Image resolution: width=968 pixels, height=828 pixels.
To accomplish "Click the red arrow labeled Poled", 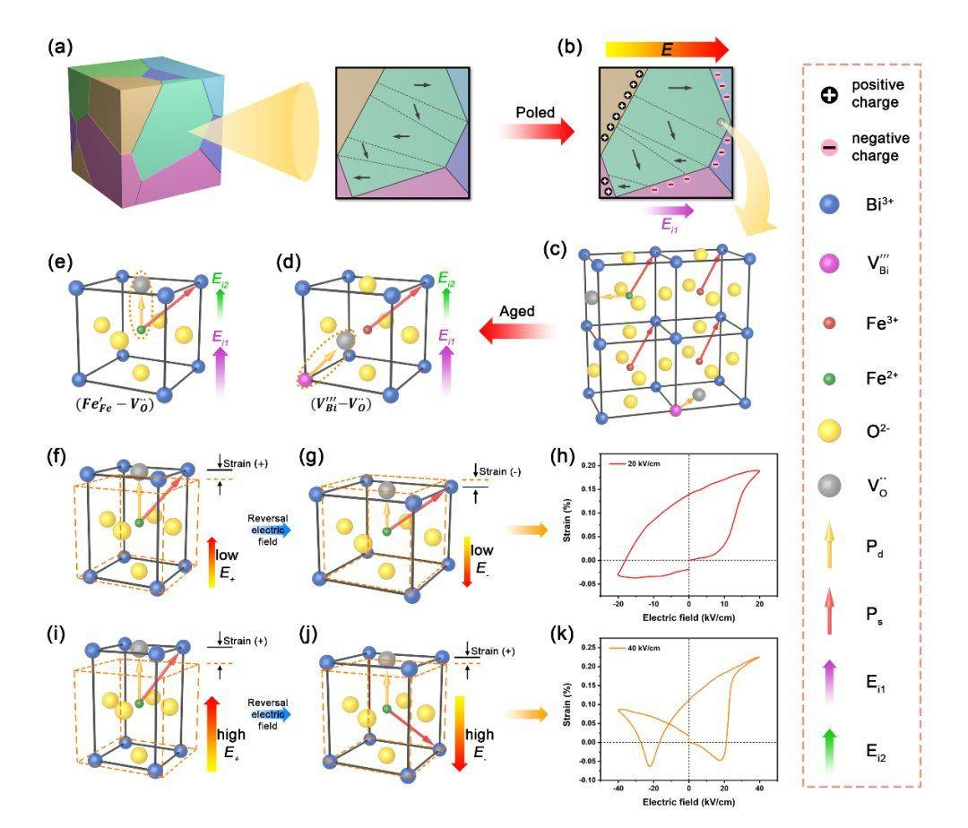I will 536,134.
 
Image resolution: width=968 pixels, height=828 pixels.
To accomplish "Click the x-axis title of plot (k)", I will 687,806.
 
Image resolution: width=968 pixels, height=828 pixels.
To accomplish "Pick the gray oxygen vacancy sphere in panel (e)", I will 140,284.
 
